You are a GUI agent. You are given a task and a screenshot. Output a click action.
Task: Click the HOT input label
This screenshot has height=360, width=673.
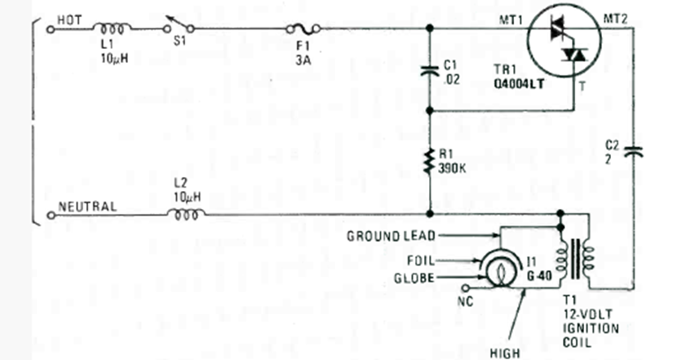tap(69, 17)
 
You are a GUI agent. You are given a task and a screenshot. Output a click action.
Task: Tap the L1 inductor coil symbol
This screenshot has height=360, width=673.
tap(113, 28)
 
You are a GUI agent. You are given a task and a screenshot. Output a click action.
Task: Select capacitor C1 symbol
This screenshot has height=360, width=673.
tap(430, 70)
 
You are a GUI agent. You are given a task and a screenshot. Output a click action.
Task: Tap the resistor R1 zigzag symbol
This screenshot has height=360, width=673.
tap(430, 160)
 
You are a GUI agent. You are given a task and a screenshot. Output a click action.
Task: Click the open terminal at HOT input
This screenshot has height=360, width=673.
tap(51, 29)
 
